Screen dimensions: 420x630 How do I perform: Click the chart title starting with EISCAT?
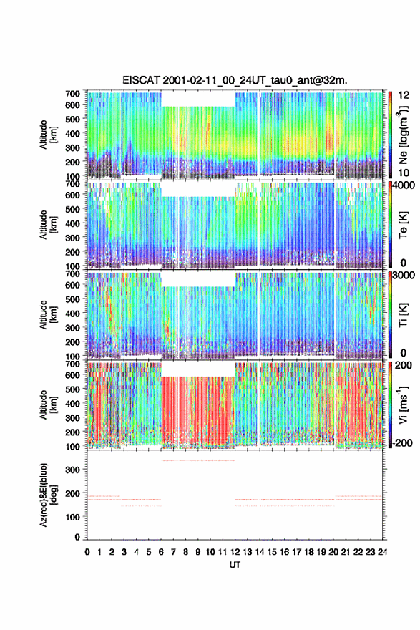point(235,80)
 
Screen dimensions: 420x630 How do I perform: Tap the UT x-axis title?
point(235,565)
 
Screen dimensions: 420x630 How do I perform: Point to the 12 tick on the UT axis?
point(235,552)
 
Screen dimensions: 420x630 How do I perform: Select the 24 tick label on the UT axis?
point(383,552)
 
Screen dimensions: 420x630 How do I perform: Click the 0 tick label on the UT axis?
point(87,552)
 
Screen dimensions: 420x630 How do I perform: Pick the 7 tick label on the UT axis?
point(173,552)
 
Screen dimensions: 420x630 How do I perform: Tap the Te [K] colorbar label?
point(403,225)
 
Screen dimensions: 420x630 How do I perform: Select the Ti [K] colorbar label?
point(403,315)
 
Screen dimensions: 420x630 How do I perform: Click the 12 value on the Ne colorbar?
point(404,95)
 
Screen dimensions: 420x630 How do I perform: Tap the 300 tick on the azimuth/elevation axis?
point(72,470)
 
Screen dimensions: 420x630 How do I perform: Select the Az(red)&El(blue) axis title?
point(47,495)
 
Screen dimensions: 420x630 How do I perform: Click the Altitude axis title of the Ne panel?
point(47,135)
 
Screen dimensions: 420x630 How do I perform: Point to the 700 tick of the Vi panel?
point(72,364)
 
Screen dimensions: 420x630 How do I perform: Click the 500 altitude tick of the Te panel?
point(72,209)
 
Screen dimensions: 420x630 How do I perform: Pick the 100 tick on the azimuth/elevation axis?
point(72,517)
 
